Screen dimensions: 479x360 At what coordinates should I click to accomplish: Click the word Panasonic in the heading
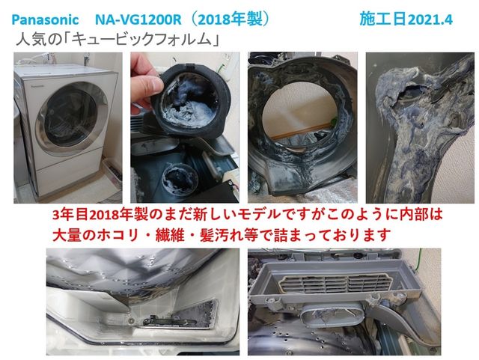[45, 20]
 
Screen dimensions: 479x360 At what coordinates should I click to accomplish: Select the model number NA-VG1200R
[138, 20]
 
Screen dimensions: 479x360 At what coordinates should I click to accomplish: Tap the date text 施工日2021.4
[406, 19]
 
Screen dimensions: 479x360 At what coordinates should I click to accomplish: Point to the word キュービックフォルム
[143, 40]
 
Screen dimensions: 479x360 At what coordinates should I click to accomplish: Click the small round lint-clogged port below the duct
[180, 179]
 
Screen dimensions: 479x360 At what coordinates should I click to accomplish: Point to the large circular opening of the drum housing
[300, 117]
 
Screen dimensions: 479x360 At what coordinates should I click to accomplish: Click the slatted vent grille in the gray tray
[335, 282]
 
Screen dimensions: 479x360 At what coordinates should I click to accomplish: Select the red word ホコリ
[118, 235]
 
